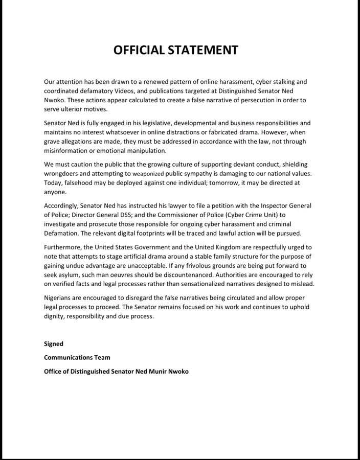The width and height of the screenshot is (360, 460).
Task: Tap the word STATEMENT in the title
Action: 207,50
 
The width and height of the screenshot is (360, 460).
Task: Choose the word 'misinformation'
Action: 69,151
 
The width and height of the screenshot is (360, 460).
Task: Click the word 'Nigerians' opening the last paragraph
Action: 60,297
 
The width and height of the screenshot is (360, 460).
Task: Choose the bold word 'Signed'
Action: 54,344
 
